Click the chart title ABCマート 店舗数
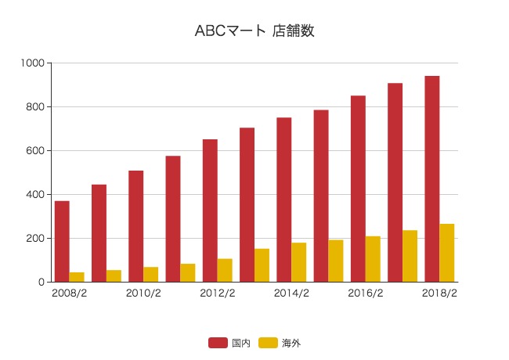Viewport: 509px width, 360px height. click(254, 31)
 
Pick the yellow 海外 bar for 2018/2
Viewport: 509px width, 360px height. click(447, 253)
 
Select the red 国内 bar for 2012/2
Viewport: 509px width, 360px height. click(210, 211)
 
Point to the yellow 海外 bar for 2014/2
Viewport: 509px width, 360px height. click(299, 262)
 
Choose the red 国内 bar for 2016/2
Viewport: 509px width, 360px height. click(358, 189)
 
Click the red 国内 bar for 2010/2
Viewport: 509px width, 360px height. click(135, 226)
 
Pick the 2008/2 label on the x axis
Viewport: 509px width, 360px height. click(69, 294)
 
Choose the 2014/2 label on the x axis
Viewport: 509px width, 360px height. click(291, 294)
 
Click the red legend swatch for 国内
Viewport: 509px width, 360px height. click(218, 343)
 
